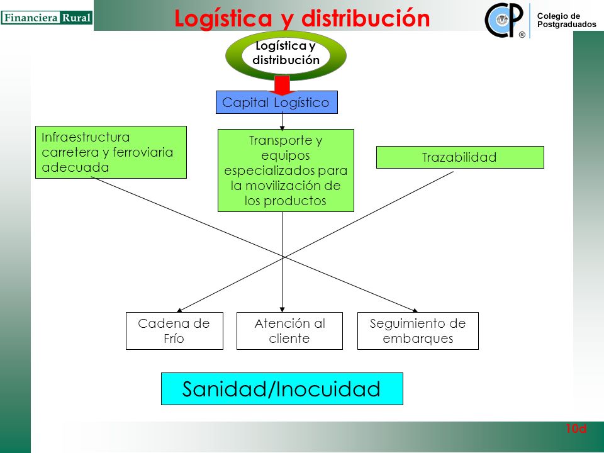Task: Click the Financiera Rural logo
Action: (47, 18)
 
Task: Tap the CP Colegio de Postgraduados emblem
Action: (504, 20)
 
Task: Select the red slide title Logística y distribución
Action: (302, 18)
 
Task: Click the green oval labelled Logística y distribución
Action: (286, 55)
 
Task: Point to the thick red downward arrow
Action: (282, 86)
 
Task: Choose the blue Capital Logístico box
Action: (277, 103)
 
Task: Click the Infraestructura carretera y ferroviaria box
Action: (111, 152)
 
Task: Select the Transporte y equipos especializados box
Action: (286, 171)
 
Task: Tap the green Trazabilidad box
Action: (460, 157)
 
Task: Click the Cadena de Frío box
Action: (174, 331)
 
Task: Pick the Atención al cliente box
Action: (289, 331)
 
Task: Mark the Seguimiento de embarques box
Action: (418, 331)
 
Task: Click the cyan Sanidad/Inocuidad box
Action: (282, 389)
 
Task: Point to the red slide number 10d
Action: (576, 428)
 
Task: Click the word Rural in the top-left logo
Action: (76, 18)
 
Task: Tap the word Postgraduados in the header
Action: (567, 25)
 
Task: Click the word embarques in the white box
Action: (418, 338)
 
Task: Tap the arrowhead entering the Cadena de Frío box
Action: (179, 310)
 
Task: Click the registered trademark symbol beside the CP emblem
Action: (522, 35)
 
